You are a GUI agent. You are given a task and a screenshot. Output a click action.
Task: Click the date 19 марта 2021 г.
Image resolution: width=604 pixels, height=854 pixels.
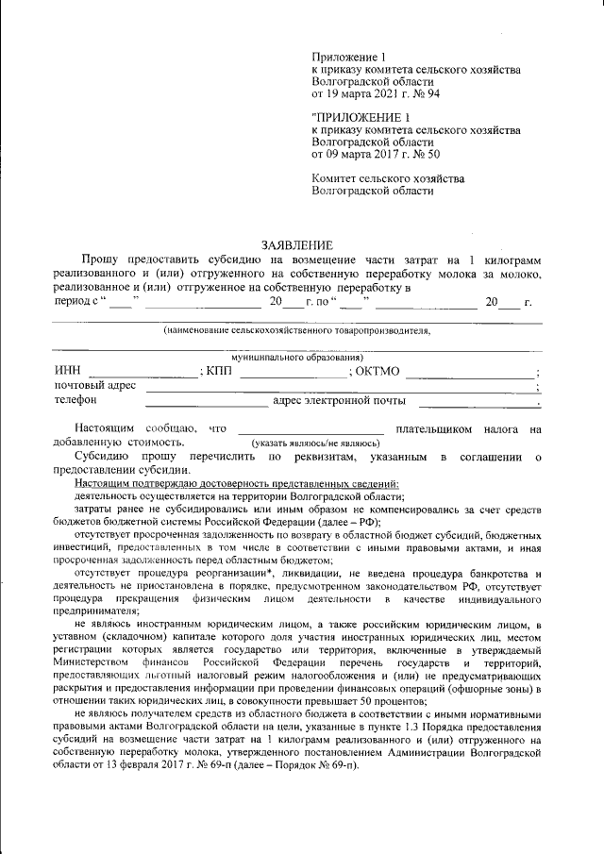click(x=370, y=94)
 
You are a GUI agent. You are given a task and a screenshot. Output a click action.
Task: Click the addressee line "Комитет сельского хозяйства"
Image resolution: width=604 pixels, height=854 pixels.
click(x=388, y=178)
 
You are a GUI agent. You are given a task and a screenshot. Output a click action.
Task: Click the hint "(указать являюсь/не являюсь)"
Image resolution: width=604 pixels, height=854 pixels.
click(x=315, y=443)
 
